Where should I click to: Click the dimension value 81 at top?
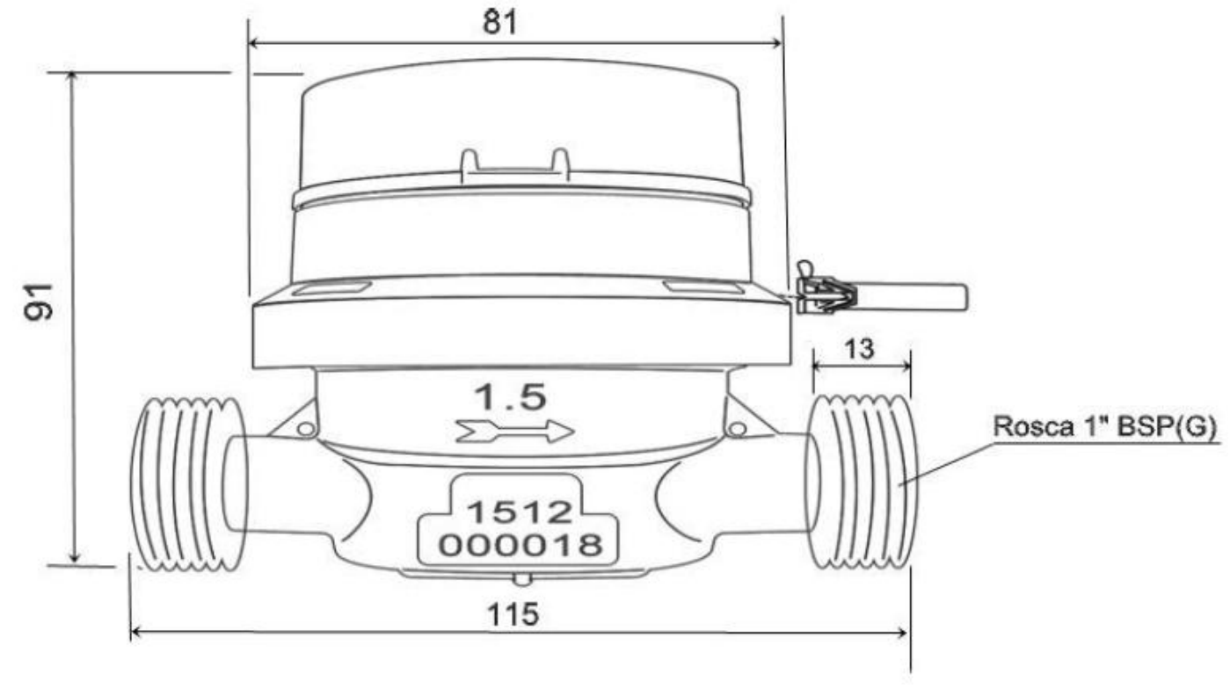(x=499, y=23)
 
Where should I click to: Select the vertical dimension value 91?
(x=39, y=301)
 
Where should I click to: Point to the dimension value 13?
(x=859, y=349)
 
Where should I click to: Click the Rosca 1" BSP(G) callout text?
(x=1105, y=426)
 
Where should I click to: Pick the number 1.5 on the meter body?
(x=510, y=396)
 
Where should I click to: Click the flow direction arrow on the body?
(x=515, y=431)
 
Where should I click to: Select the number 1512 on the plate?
(x=519, y=512)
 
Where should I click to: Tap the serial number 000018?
(x=520, y=545)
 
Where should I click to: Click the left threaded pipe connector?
(x=188, y=483)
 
